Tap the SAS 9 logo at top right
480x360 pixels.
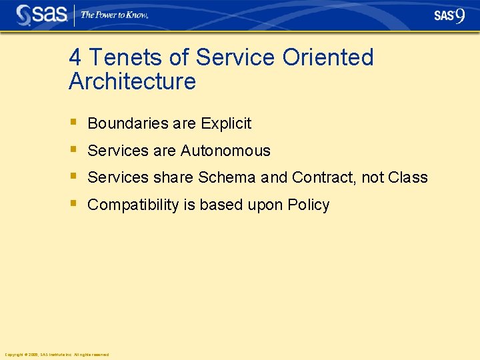[449, 15]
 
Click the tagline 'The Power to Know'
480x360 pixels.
[114, 15]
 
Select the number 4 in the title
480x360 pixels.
[75, 58]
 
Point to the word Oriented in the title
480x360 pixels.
[328, 58]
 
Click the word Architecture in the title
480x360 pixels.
[132, 82]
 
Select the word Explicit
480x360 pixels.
[226, 123]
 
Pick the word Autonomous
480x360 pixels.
[225, 151]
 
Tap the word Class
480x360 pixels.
[407, 178]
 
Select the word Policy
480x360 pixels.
[309, 205]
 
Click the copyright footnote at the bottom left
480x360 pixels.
[57, 355]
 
